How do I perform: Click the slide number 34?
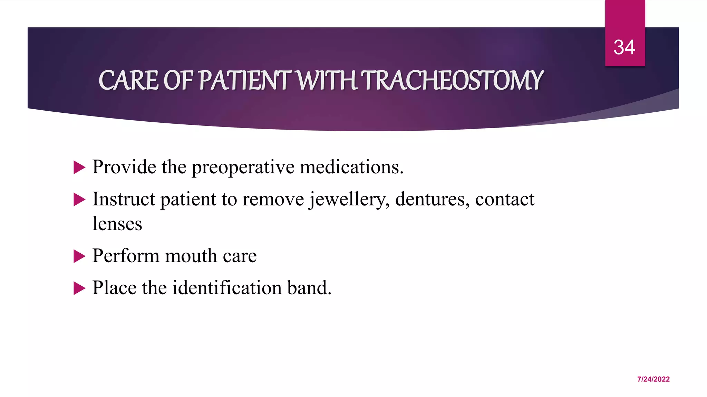[x=624, y=47]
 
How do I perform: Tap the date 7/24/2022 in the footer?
[x=653, y=379]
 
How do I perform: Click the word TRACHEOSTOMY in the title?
[x=453, y=80]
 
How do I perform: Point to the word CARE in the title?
[x=128, y=80]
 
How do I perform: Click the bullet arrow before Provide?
[x=79, y=168]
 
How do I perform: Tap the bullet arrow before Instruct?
[x=79, y=200]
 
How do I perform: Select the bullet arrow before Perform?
[x=79, y=256]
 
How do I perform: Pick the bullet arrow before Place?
[x=79, y=288]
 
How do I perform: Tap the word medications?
[x=351, y=167]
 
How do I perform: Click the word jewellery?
[x=349, y=200]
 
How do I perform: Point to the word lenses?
[x=117, y=224]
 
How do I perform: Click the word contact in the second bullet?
[x=504, y=200]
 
